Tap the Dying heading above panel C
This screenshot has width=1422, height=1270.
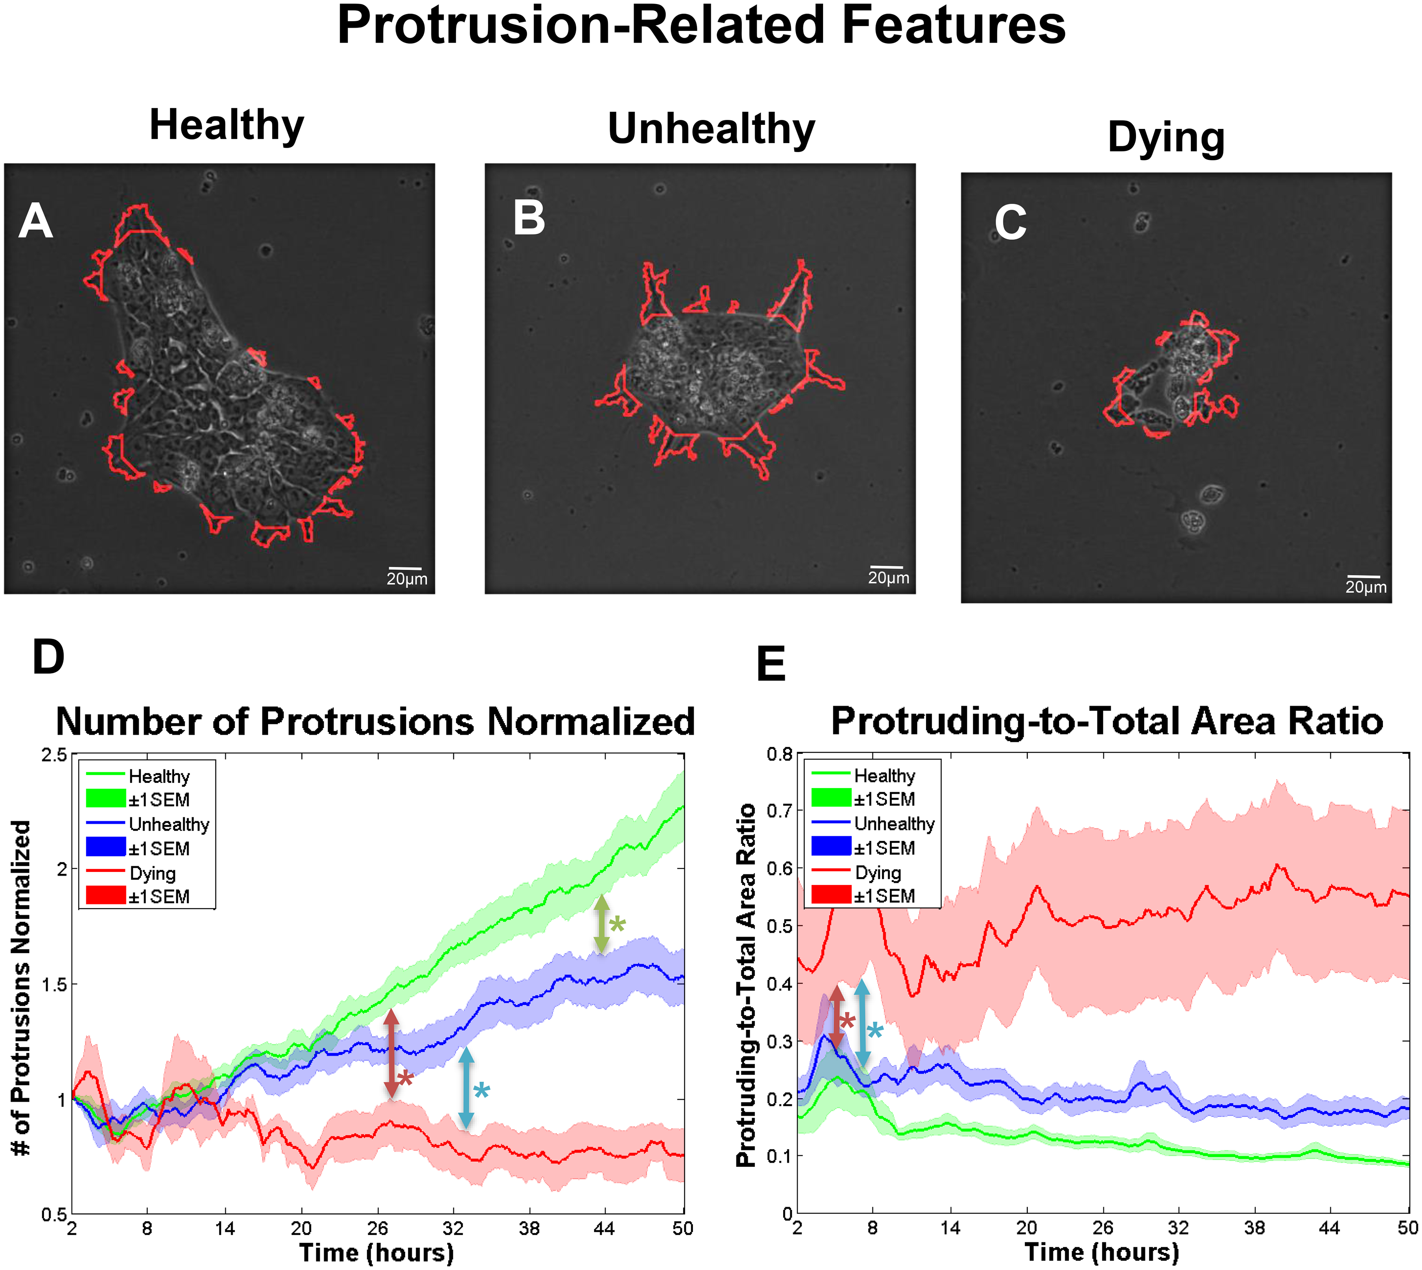[1166, 137]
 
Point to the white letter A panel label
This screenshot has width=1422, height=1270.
[36, 222]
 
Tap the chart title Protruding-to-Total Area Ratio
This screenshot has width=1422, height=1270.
[1106, 721]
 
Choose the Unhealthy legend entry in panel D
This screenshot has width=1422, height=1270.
[168, 825]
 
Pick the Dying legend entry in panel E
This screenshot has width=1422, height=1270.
[878, 873]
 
